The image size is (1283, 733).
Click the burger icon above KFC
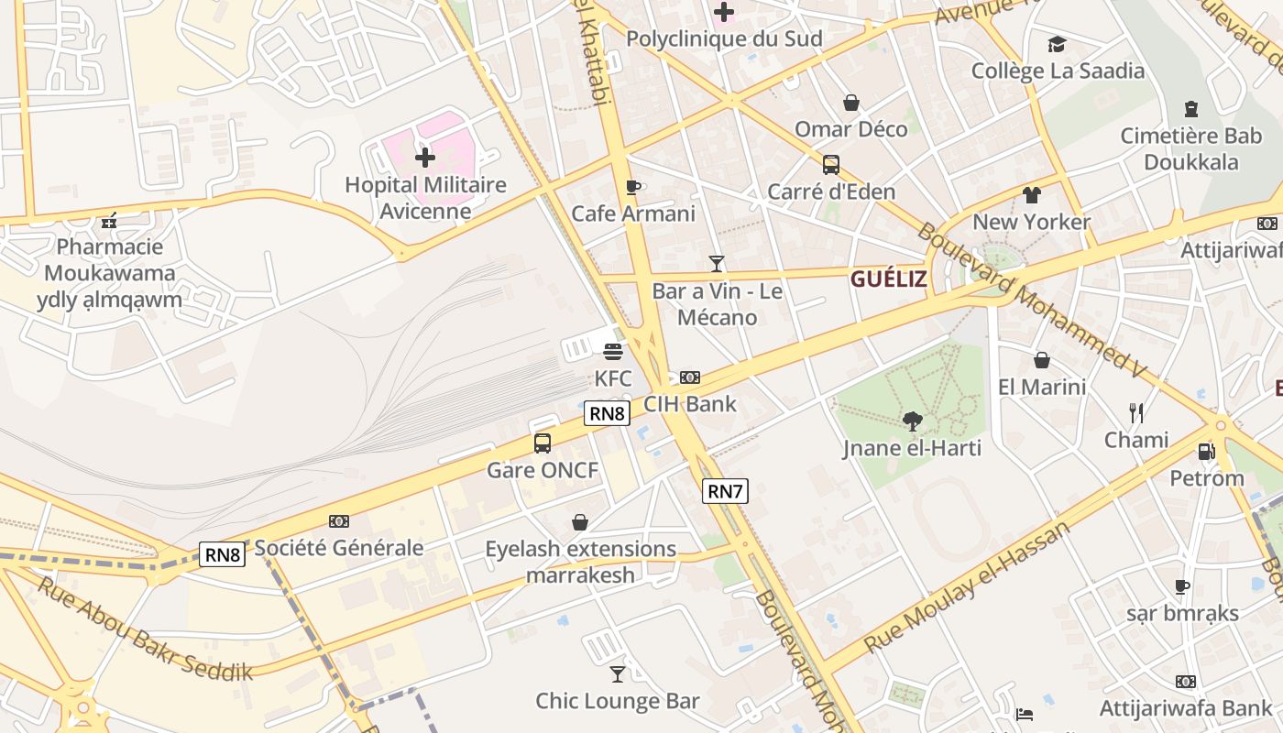click(613, 351)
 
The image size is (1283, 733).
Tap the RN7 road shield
click(725, 491)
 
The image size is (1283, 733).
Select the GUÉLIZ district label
click(888, 279)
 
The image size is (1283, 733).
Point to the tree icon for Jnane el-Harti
click(912, 421)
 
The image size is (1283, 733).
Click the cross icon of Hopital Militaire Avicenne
click(425, 158)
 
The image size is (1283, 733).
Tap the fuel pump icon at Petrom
click(1207, 452)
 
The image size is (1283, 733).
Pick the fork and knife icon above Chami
click(1136, 412)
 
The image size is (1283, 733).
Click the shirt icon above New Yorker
click(1032, 194)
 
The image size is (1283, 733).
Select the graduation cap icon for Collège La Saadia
click(1057, 44)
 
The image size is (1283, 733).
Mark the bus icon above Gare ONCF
click(543, 443)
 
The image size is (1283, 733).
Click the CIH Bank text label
click(690, 403)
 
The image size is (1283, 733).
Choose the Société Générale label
click(339, 548)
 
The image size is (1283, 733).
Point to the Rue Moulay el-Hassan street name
click(967, 586)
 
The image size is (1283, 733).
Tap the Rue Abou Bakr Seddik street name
click(144, 629)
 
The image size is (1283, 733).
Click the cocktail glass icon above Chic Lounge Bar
click(618, 674)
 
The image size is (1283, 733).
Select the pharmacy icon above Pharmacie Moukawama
click(110, 220)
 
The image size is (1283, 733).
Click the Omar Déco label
click(851, 129)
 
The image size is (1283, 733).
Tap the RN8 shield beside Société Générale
click(223, 554)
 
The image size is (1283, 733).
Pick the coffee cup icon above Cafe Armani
click(632, 187)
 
